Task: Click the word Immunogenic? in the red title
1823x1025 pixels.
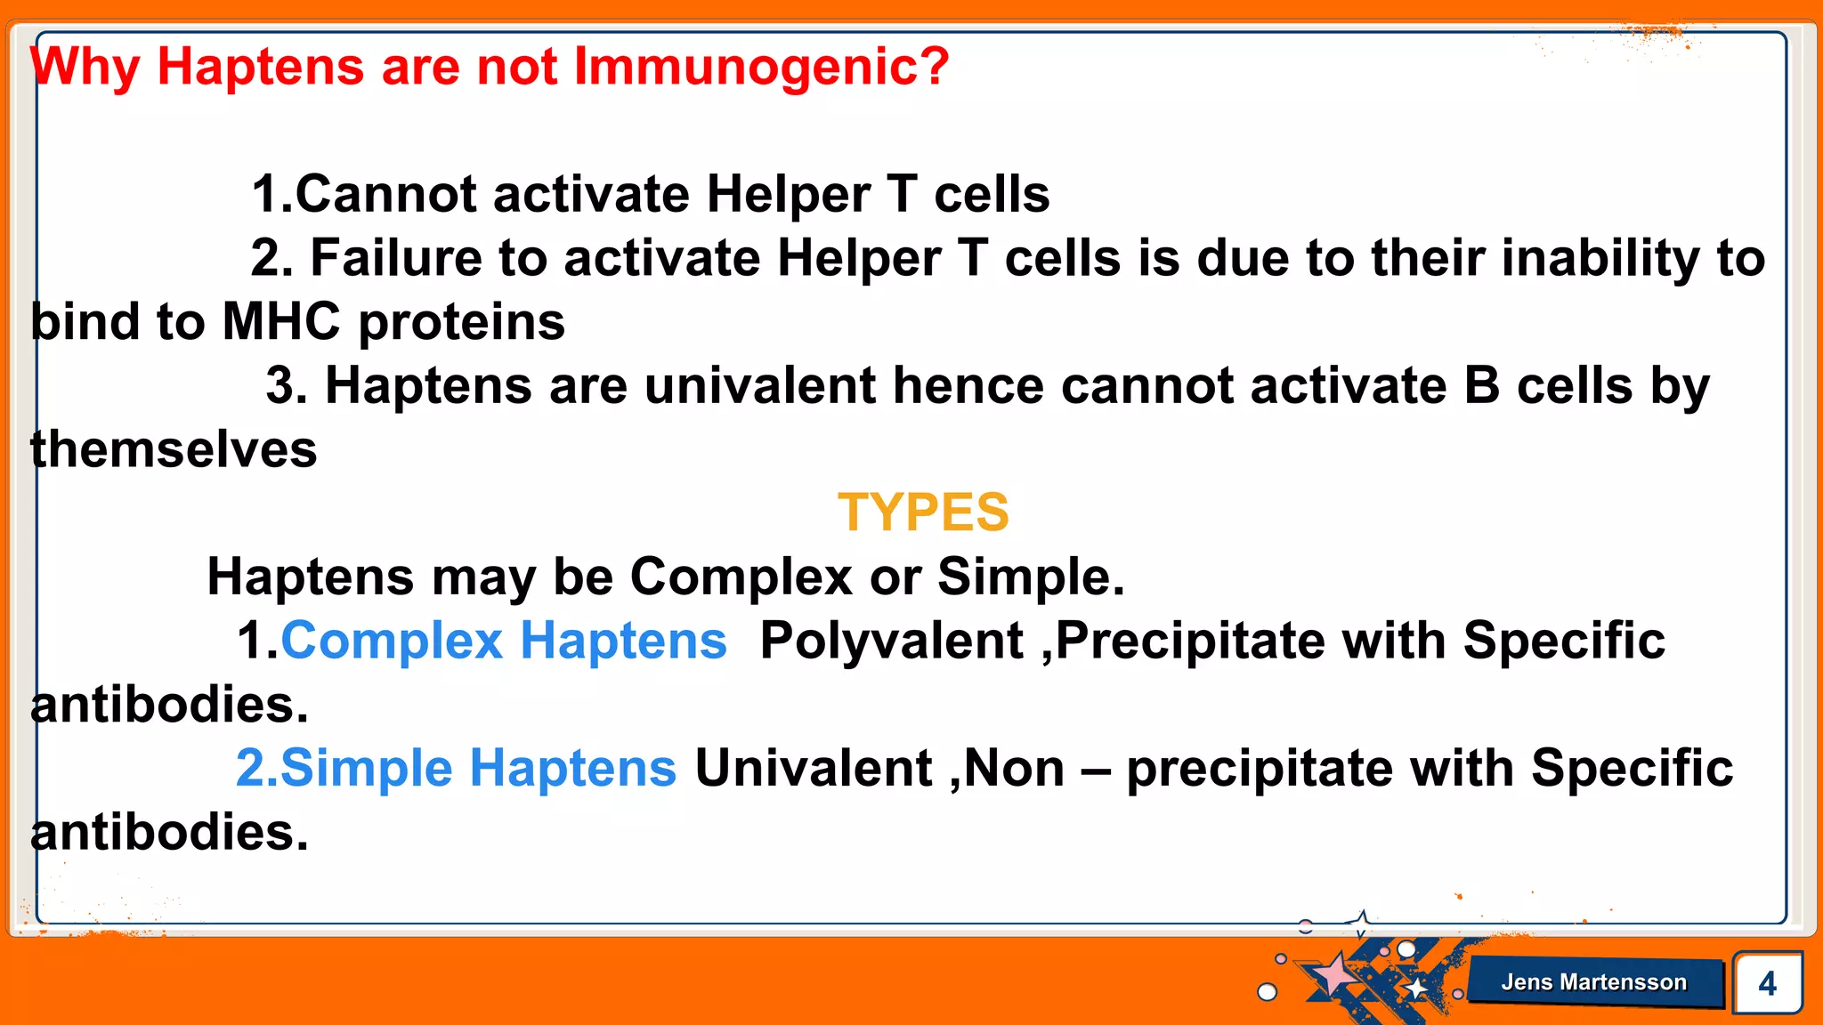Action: (x=761, y=67)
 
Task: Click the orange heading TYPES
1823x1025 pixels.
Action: (x=923, y=512)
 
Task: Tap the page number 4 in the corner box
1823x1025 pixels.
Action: (x=1767, y=983)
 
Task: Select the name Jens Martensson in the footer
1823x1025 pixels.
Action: (x=1593, y=982)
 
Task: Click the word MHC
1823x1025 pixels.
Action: (x=280, y=321)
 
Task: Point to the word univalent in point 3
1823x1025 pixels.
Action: (x=759, y=386)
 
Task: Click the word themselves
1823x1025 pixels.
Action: (x=174, y=449)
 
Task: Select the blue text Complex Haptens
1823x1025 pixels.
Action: (x=504, y=641)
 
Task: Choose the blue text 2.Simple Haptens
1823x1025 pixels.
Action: (x=456, y=768)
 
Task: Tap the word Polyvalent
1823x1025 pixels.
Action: (x=891, y=641)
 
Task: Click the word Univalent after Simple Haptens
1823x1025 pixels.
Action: (x=813, y=768)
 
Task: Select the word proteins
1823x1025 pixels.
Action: (x=461, y=321)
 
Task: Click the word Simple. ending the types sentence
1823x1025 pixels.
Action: (x=1031, y=577)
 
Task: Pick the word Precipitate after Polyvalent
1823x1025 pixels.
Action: (x=1190, y=641)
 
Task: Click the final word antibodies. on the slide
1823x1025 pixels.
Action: (x=169, y=833)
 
